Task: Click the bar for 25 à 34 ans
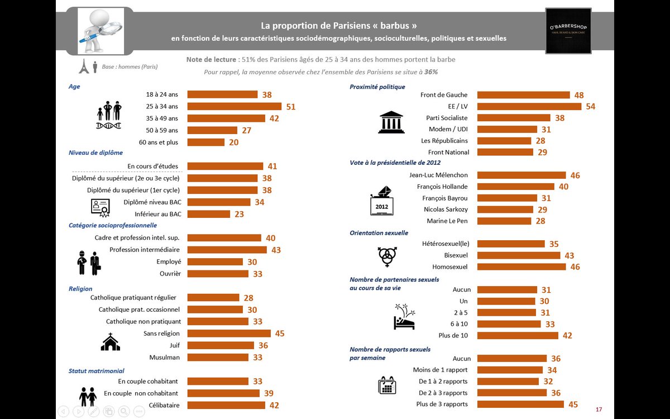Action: pyautogui.click(x=234, y=106)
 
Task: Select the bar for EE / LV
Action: pyautogui.click(x=529, y=106)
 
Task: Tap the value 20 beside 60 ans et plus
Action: pyautogui.click(x=233, y=142)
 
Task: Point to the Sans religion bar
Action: pyautogui.click(x=228, y=334)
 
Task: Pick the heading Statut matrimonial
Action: pyautogui.click(x=96, y=370)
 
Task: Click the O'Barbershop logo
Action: pyautogui.click(x=568, y=31)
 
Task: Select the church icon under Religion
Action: pyautogui.click(x=110, y=341)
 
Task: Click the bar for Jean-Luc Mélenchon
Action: pyautogui.click(x=521, y=175)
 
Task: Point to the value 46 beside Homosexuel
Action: pyautogui.click(x=575, y=267)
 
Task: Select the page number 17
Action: pyautogui.click(x=599, y=410)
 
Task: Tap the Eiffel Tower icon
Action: pyautogui.click(x=84, y=66)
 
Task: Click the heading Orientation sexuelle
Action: pyautogui.click(x=379, y=232)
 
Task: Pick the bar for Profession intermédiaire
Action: pyautogui.click(x=227, y=250)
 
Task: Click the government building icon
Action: pyautogui.click(x=391, y=122)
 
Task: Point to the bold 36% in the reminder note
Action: pyautogui.click(x=431, y=72)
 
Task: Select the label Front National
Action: pyautogui.click(x=448, y=152)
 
